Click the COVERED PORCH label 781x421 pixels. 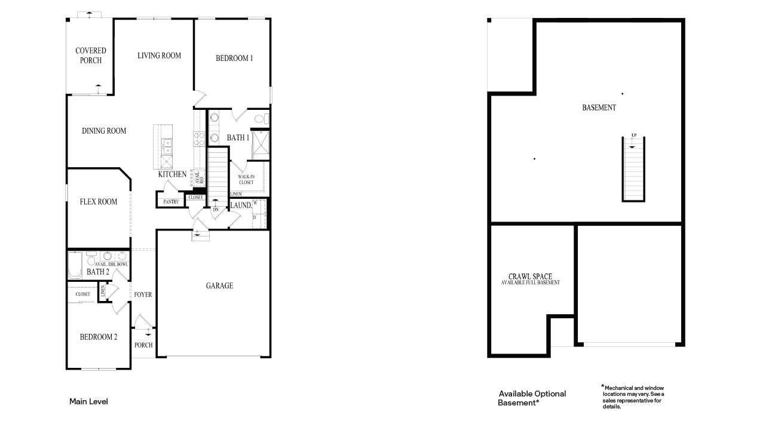tap(91, 56)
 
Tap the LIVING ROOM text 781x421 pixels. tap(159, 56)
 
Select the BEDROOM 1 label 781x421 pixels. tap(234, 58)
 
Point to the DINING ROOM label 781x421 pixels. tap(104, 131)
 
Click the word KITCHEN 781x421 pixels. tap(172, 174)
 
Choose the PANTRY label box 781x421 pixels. tap(171, 202)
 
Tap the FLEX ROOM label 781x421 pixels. tap(99, 202)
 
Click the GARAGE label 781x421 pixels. tap(219, 286)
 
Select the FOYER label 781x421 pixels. tap(143, 294)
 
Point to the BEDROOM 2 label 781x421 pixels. tap(99, 337)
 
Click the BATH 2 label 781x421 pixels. tap(98, 272)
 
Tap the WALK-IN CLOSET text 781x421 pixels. tap(246, 179)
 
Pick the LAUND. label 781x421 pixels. tap(241, 205)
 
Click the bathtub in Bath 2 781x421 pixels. tap(75, 266)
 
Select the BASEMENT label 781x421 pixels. tap(599, 108)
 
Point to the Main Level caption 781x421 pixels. tap(88, 402)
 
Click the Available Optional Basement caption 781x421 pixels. tap(532, 398)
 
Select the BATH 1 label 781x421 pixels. tap(238, 138)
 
